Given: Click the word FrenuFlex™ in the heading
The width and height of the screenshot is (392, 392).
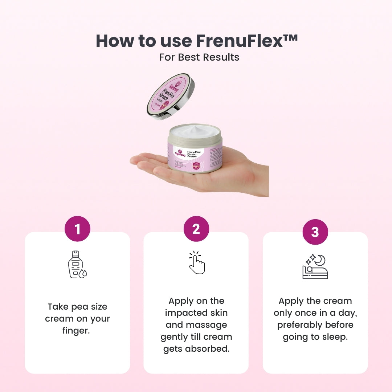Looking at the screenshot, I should click(x=247, y=41).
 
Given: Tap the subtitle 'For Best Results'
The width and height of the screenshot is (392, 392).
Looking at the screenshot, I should click(x=199, y=57).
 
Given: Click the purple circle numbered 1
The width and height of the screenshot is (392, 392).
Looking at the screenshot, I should click(x=77, y=229).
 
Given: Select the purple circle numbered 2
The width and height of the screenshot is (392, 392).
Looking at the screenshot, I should click(x=196, y=229).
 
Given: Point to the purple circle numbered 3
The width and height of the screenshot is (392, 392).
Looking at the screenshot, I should click(x=315, y=232).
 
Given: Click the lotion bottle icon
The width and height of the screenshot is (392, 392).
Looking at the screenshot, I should click(x=77, y=264).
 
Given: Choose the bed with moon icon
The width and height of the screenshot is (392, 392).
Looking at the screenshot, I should click(x=315, y=267).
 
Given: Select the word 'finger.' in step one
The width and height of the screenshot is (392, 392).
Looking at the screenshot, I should click(x=76, y=331).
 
